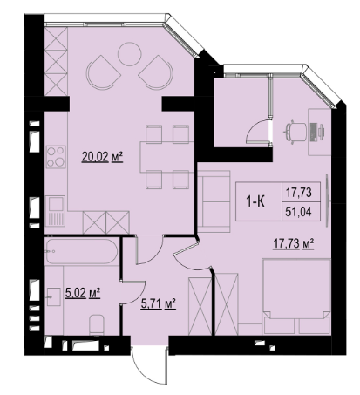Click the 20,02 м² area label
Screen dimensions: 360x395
(x=102, y=157)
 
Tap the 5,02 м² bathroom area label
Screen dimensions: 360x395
(x=83, y=293)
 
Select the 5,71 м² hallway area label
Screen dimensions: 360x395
(x=158, y=304)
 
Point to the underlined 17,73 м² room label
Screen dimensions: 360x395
(x=293, y=244)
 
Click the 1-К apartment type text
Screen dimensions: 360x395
(x=256, y=201)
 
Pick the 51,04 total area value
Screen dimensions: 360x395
(x=298, y=212)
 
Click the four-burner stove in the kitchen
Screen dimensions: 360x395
(x=56, y=157)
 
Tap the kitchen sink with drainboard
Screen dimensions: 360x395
(x=55, y=211)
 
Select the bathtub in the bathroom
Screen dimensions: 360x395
(x=82, y=252)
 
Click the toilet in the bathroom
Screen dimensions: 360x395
(x=97, y=324)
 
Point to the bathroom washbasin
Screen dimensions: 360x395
(x=53, y=296)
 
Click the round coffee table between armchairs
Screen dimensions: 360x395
(x=130, y=54)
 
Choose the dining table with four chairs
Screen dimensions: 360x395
(x=166, y=157)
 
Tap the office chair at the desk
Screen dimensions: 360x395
(x=295, y=133)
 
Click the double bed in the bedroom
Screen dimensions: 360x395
(x=296, y=296)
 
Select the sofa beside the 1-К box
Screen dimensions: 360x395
(x=214, y=201)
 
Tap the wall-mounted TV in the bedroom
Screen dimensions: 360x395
(x=328, y=201)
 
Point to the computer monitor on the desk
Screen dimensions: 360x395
(x=314, y=133)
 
